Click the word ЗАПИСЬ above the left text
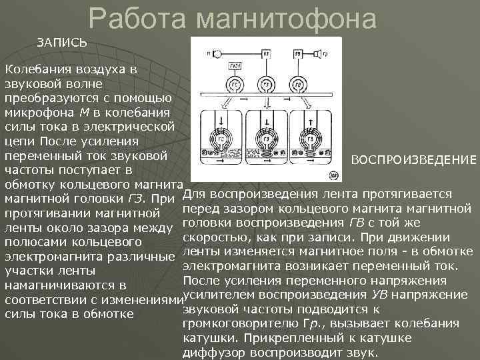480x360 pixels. [x=61, y=42]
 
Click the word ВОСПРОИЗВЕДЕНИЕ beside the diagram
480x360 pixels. [x=414, y=161]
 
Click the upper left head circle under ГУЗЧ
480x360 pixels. [x=235, y=85]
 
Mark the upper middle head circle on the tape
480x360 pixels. [x=266, y=85]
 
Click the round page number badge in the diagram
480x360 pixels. [x=334, y=177]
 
